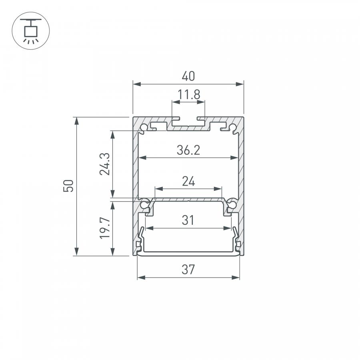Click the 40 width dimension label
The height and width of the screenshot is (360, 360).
pyautogui.click(x=188, y=76)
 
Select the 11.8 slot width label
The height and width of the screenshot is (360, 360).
pyautogui.click(x=189, y=94)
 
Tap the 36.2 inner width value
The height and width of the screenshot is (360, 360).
pyautogui.click(x=188, y=150)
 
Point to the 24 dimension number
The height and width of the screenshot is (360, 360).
pyautogui.click(x=188, y=181)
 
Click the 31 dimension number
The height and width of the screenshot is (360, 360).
pyautogui.click(x=188, y=220)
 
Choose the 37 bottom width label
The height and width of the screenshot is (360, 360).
pyautogui.click(x=188, y=270)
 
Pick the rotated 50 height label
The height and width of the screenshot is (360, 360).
pyautogui.click(x=68, y=186)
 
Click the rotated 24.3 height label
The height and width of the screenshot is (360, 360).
pyautogui.click(x=105, y=164)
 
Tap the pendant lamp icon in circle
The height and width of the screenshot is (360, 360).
pyautogui.click(x=31, y=31)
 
